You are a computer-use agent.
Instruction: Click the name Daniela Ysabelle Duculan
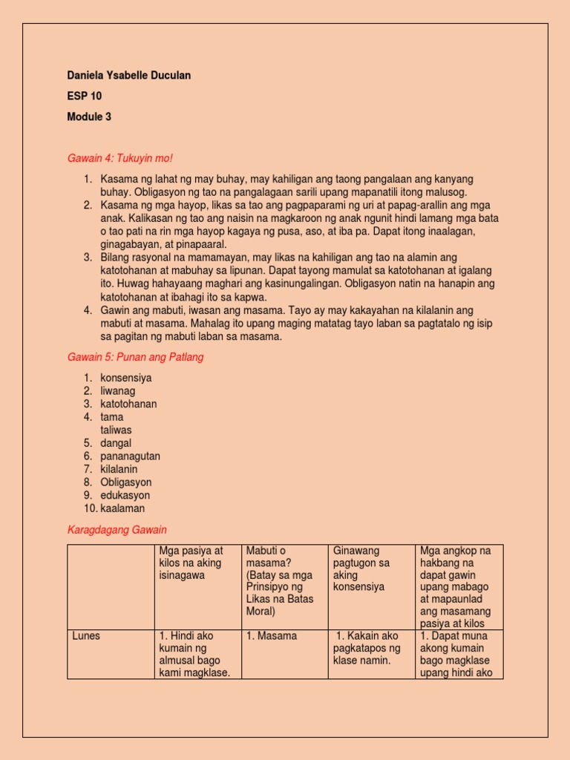(134, 76)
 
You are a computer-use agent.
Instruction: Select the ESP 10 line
(85, 96)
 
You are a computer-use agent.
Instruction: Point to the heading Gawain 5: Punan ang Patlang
(135, 357)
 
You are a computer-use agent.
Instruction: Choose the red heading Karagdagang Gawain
(117, 529)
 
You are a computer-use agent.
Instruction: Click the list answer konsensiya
(126, 378)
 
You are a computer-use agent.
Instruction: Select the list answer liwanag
(118, 390)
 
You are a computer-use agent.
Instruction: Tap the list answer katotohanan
(128, 404)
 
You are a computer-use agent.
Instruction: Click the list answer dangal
(117, 443)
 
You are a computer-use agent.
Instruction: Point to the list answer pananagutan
(130, 456)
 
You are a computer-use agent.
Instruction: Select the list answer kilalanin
(119, 469)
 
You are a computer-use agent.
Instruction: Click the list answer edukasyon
(125, 495)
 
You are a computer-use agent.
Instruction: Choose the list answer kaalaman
(122, 508)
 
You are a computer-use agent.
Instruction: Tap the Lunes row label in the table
(86, 636)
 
